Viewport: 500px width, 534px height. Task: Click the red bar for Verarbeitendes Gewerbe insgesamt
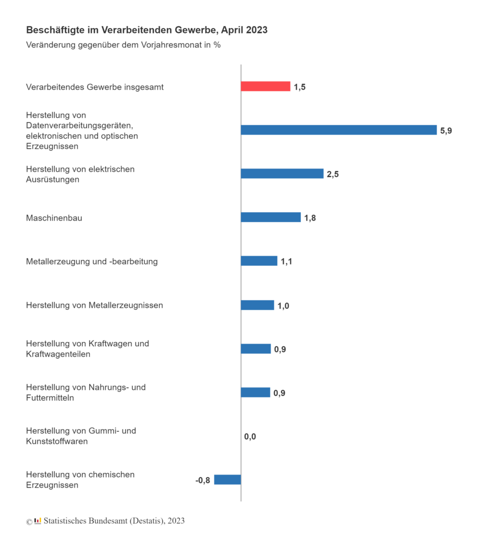(265, 87)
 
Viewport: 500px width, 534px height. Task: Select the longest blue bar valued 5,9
(338, 130)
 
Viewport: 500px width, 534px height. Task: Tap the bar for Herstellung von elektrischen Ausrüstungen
(282, 174)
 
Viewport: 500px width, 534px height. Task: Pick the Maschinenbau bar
(271, 217)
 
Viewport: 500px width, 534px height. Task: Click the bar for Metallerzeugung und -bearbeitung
(259, 261)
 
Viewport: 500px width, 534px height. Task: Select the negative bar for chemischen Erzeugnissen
(227, 480)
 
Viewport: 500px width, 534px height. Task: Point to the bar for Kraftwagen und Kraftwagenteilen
(255, 349)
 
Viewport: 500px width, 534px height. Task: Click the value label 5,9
(446, 131)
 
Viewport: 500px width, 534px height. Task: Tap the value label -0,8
(203, 480)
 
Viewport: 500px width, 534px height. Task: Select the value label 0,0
(250, 436)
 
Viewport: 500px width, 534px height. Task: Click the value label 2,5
(333, 174)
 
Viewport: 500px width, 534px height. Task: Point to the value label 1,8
(310, 218)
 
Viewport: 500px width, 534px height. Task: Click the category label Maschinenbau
(54, 218)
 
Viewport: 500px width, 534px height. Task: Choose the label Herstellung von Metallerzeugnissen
(94, 305)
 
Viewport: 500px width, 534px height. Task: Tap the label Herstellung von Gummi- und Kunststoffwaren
(81, 436)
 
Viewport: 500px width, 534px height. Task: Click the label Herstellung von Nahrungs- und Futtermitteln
(86, 392)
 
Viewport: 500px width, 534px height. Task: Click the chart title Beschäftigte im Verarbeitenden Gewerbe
(147, 30)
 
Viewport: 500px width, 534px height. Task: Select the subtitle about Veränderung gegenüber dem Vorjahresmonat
(123, 45)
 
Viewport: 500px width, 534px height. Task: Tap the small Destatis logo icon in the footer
(38, 520)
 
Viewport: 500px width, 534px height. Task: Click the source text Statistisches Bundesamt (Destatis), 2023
(114, 520)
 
